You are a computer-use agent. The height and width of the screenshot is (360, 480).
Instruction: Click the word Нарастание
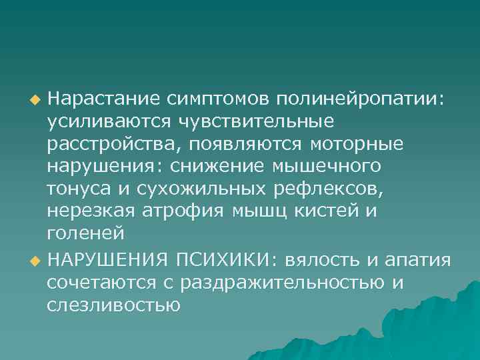[103, 99]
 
